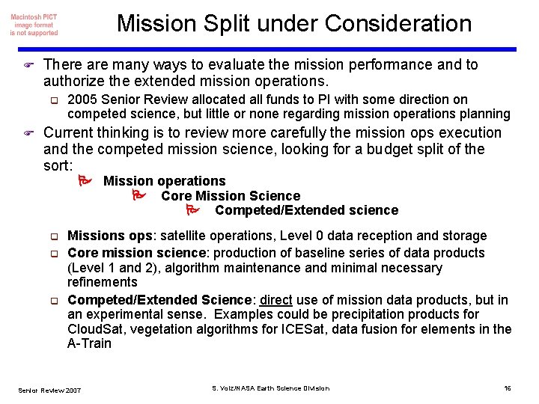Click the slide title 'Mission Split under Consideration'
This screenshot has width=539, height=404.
[x=294, y=24]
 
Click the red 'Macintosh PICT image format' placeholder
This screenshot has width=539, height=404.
[x=34, y=25]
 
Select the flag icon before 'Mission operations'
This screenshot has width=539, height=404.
[x=85, y=181]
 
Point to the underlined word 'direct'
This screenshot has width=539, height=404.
[x=275, y=300]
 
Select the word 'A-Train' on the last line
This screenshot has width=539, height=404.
[x=89, y=344]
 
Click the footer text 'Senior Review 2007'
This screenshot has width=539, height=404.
[x=50, y=389]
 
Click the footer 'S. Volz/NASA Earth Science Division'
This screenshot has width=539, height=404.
[x=270, y=388]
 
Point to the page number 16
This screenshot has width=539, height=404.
[x=507, y=388]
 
